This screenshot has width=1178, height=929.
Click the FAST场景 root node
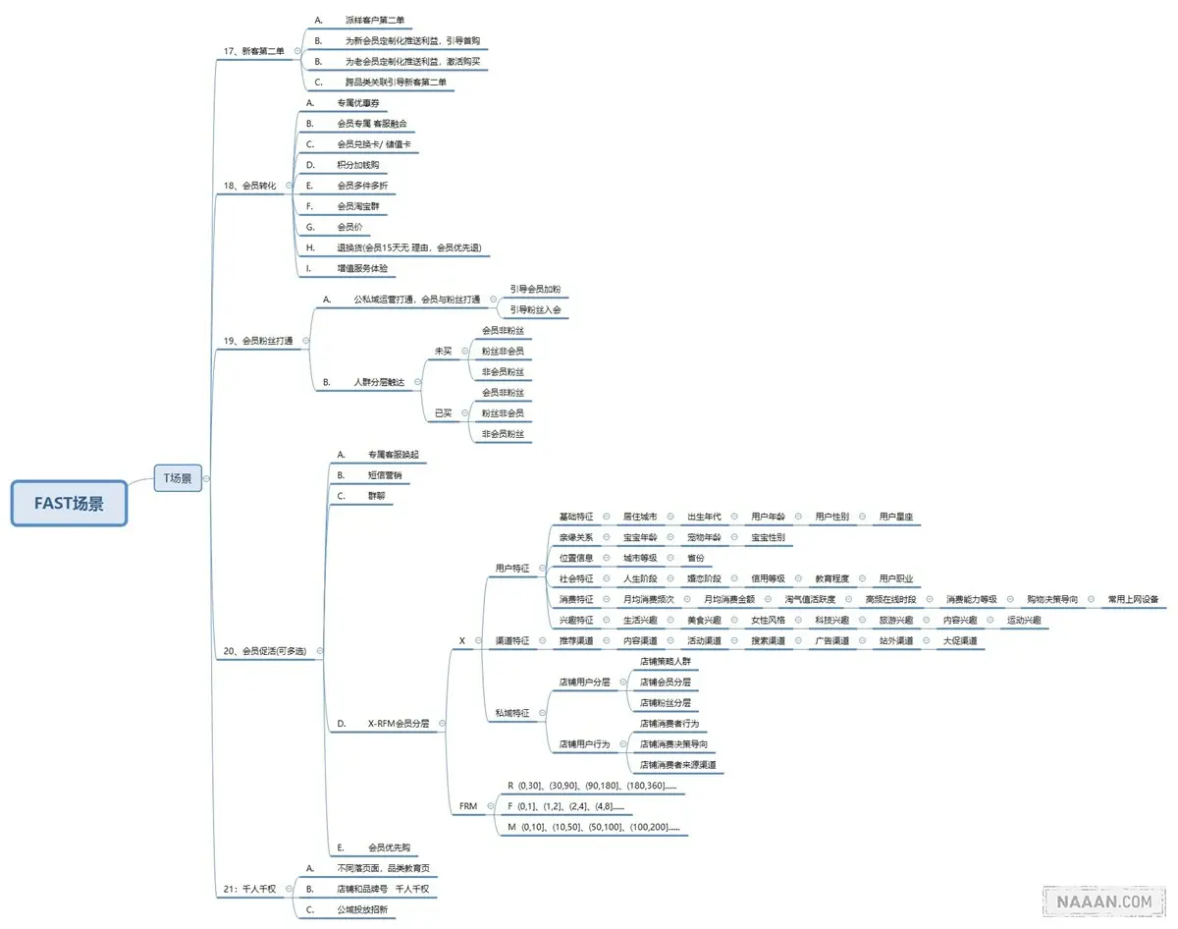[x=69, y=503]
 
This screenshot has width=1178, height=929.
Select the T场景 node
[x=178, y=478]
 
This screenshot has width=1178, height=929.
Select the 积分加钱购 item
[x=357, y=164]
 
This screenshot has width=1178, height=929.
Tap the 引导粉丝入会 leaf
[x=535, y=310]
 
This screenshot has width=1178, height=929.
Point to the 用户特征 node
[x=511, y=568]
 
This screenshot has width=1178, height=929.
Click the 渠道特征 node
[x=511, y=641]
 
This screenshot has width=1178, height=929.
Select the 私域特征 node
[x=511, y=713]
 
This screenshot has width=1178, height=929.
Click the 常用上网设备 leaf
[x=1133, y=599]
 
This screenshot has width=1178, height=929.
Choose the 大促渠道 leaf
[x=959, y=641]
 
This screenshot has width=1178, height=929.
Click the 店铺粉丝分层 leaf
[x=666, y=703]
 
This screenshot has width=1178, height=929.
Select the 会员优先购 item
[x=389, y=847]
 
